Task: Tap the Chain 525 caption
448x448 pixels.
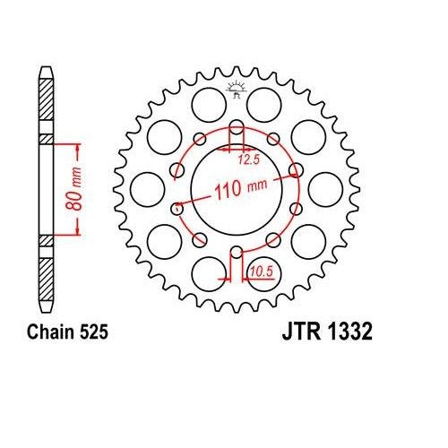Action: click(66, 332)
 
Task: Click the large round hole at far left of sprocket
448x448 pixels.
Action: click(142, 190)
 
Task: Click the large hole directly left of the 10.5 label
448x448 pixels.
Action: click(208, 271)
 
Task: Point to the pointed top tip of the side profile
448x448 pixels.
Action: click(46, 67)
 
